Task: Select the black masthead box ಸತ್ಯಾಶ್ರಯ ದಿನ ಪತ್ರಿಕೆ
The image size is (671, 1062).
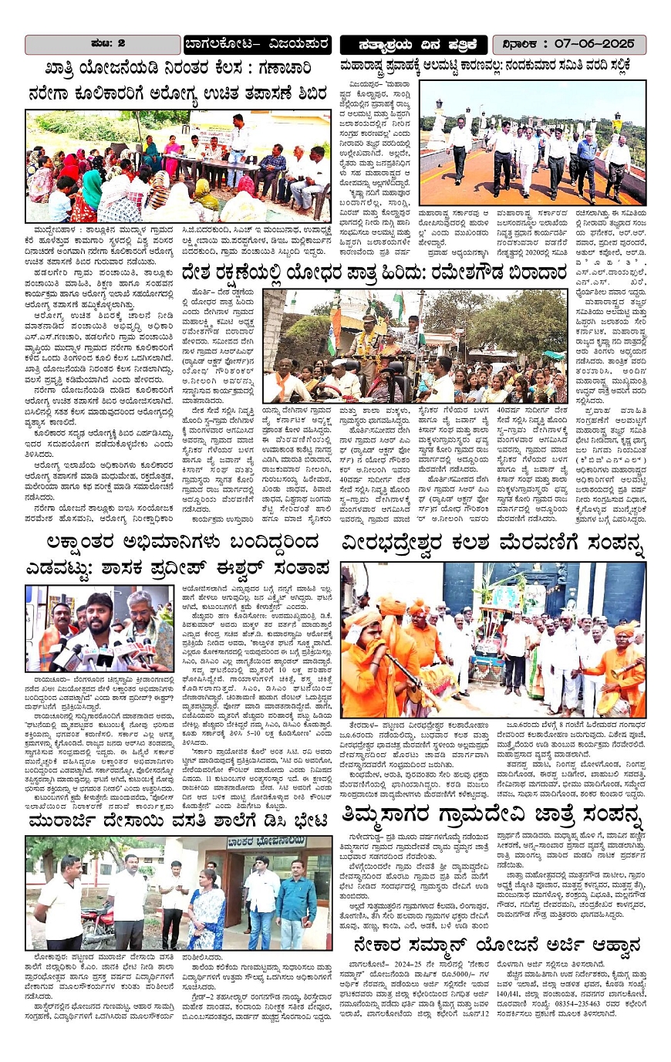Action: pos(413,44)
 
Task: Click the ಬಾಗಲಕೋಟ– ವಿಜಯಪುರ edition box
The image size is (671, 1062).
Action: pos(257,44)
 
